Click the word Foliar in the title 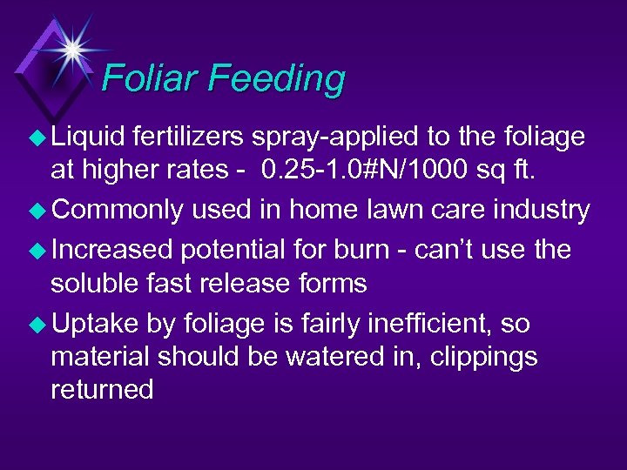(150, 78)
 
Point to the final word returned (102, 390)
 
